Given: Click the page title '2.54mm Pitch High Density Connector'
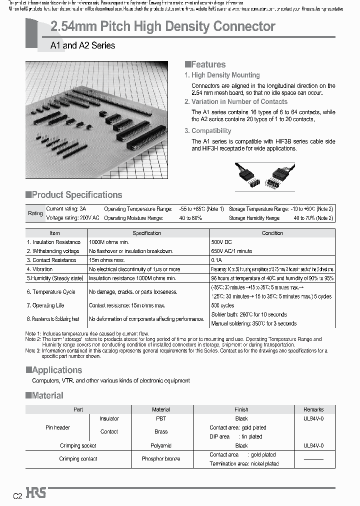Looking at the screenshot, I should [163, 26].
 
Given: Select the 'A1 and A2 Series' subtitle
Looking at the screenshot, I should [82, 45].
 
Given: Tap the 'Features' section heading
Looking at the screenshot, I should [205, 64].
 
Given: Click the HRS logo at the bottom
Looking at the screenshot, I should [36, 493].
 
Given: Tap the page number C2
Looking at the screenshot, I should [17, 495].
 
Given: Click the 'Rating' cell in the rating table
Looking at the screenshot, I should [35, 213].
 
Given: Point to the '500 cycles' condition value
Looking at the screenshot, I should [222, 305].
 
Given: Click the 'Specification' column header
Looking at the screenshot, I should [146, 233].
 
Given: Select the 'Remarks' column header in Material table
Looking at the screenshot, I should [313, 409].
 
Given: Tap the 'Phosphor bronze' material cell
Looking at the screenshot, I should [160, 458].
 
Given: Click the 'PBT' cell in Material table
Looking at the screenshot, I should [160, 418].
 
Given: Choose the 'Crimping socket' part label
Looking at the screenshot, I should [78, 445].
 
